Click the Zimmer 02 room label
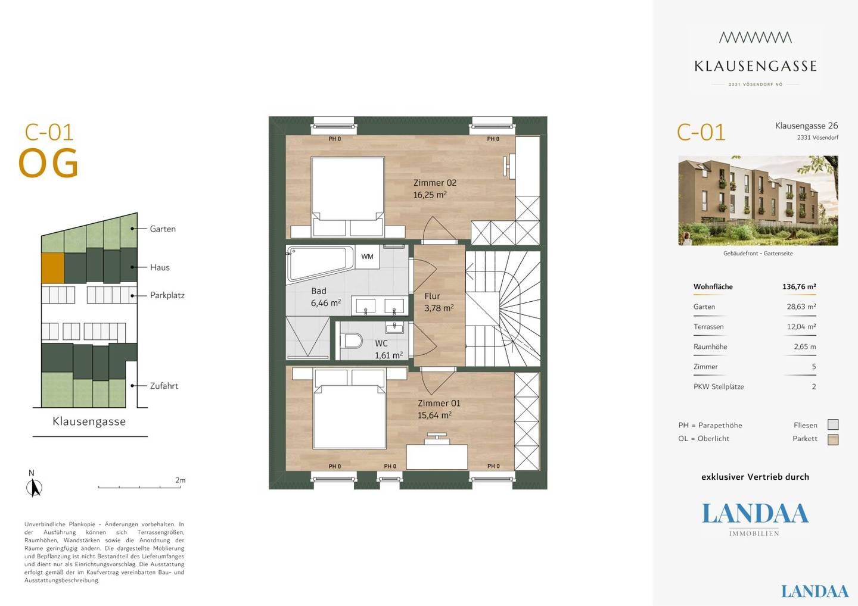click(435, 183)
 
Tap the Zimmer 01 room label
click(439, 403)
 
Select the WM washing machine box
click(367, 257)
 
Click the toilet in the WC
click(352, 341)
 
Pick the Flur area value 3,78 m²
click(439, 308)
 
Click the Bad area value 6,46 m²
click(325, 303)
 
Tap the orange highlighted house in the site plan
click(52, 268)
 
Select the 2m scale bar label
click(181, 480)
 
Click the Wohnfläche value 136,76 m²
click(799, 286)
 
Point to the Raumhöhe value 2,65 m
click(805, 346)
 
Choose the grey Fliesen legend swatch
click(833, 424)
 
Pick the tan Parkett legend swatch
click(833, 439)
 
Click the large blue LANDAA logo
click(755, 513)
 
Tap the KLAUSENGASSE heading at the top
click(756, 66)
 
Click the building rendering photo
click(758, 201)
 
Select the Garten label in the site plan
click(163, 229)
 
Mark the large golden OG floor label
click(49, 163)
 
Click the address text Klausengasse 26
click(806, 126)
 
